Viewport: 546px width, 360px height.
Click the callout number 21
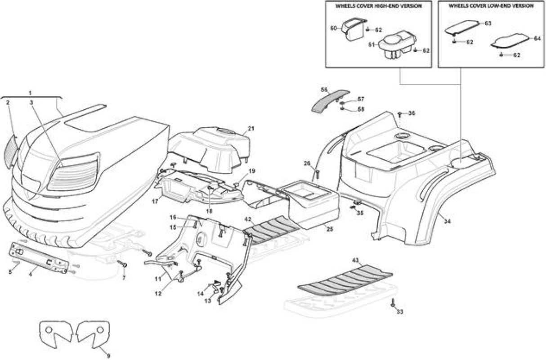251,129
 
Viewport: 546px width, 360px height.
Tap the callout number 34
448,221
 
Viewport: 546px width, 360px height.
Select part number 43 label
356,261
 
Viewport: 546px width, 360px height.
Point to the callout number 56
324,90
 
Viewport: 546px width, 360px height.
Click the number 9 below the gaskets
108,356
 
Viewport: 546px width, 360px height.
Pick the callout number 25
330,229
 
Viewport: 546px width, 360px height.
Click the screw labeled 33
393,303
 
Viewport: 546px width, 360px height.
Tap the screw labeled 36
400,114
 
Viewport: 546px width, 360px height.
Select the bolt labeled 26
318,174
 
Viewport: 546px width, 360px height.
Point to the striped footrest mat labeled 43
345,280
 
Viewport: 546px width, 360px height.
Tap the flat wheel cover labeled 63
461,27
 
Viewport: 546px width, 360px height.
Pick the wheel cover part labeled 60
354,29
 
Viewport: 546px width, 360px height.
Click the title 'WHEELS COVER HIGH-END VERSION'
379,6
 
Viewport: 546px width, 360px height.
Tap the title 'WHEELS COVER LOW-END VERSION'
491,6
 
